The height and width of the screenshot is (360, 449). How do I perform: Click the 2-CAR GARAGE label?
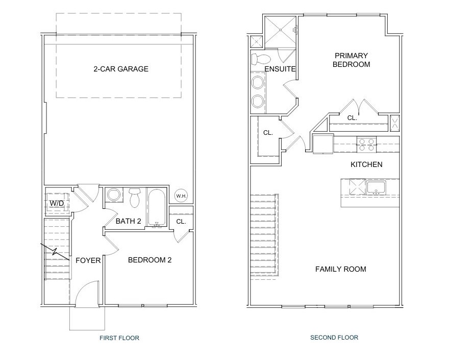pyautogui.click(x=121, y=69)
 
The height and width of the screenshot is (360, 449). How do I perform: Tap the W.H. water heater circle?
pyautogui.click(x=181, y=196)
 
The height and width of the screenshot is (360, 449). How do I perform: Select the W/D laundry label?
pyautogui.click(x=57, y=203)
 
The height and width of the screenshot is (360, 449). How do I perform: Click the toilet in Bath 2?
pyautogui.click(x=134, y=198)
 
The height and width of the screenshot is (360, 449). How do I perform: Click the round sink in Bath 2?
pyautogui.click(x=114, y=195)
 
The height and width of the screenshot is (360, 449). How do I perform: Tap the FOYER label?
pyautogui.click(x=88, y=260)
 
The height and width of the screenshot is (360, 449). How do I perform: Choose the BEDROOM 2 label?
pyautogui.click(x=150, y=260)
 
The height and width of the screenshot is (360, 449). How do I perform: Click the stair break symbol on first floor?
pyautogui.click(x=55, y=252)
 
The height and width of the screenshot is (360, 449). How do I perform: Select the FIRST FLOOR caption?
pyautogui.click(x=119, y=338)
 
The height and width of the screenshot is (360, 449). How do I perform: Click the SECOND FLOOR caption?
pyautogui.click(x=334, y=338)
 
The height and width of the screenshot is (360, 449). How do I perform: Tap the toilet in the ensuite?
pyautogui.click(x=261, y=59)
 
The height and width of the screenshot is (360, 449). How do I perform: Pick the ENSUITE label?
pyautogui.click(x=280, y=69)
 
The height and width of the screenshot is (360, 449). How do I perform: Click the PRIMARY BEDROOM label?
pyautogui.click(x=352, y=60)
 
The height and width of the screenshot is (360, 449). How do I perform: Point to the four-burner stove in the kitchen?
pyautogui.click(x=366, y=145)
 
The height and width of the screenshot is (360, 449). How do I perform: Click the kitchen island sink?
pyautogui.click(x=376, y=187)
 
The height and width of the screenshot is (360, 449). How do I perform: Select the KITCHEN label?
pyautogui.click(x=366, y=164)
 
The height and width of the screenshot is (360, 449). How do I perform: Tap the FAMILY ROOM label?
pyautogui.click(x=341, y=269)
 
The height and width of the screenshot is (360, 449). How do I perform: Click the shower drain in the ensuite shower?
pyautogui.click(x=281, y=30)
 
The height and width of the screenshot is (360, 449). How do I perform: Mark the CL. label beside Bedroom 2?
pyautogui.click(x=181, y=222)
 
